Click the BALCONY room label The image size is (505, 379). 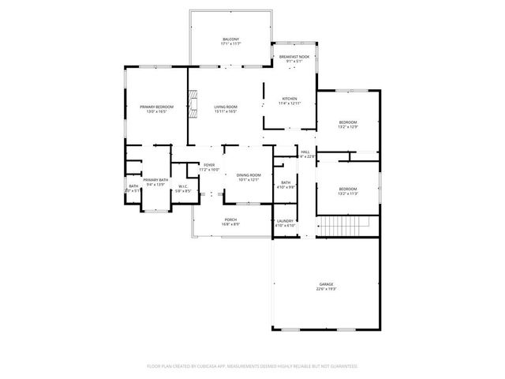tap(230, 39)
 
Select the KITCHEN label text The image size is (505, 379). tap(290, 99)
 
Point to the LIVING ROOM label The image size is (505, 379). tap(226, 107)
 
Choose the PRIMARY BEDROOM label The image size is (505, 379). tap(156, 107)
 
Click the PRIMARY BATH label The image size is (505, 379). tap(155, 180)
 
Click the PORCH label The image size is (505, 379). tap(230, 220)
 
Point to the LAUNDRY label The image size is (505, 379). tap(285, 221)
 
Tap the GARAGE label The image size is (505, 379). tap(326, 283)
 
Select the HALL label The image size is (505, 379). tap(305, 152)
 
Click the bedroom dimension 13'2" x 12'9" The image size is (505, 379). tap(348, 127)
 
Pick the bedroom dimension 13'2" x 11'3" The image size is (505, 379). tap(347, 193)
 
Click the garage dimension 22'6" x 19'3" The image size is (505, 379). tap(326, 288)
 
